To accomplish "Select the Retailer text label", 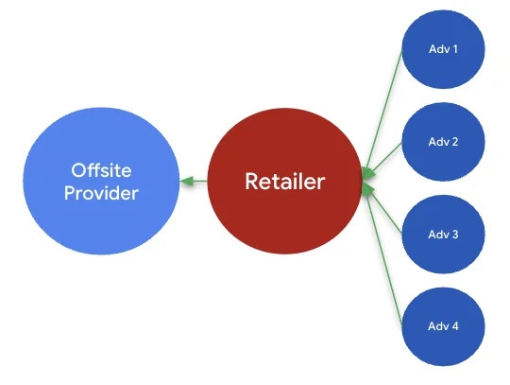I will [283, 181].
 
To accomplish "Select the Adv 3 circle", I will [444, 251].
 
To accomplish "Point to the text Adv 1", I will [444, 48].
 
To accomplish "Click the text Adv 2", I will [444, 142].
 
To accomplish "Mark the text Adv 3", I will [444, 233].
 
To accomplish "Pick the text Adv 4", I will [444, 326].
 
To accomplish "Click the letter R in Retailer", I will [251, 181].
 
